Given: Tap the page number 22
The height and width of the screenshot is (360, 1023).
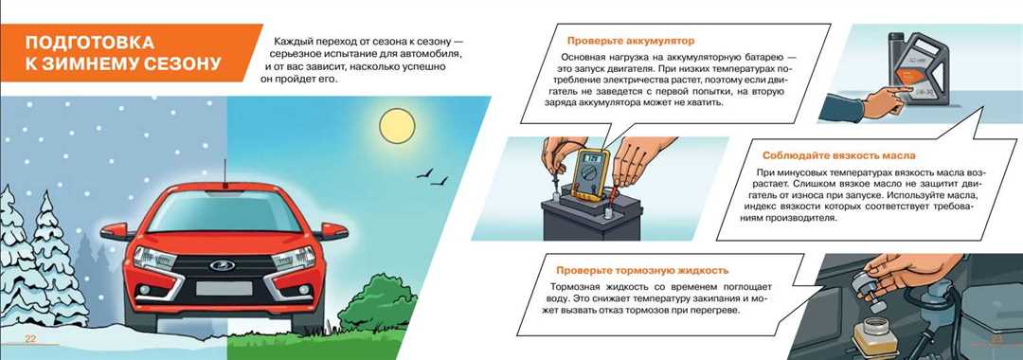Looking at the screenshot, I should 30,340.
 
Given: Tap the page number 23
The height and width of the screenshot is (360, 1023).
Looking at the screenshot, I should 996,340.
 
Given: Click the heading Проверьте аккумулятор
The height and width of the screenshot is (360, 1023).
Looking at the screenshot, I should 630,41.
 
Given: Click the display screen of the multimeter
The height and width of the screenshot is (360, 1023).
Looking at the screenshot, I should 595,157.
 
